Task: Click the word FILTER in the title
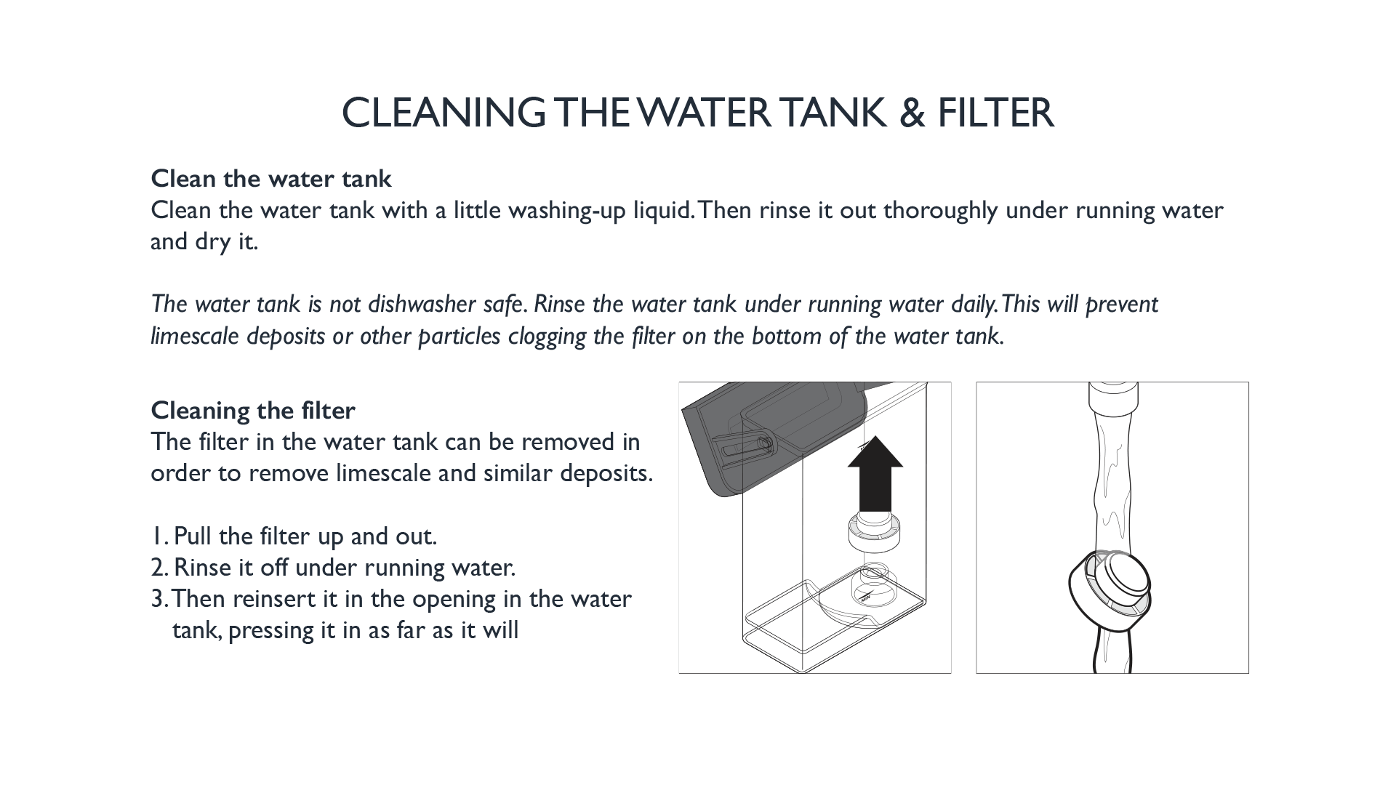[995, 113]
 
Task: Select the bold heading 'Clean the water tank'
[271, 178]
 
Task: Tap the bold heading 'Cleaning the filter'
[253, 411]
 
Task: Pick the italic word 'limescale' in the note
[195, 336]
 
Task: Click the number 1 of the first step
[156, 536]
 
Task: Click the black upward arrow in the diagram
[875, 474]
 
